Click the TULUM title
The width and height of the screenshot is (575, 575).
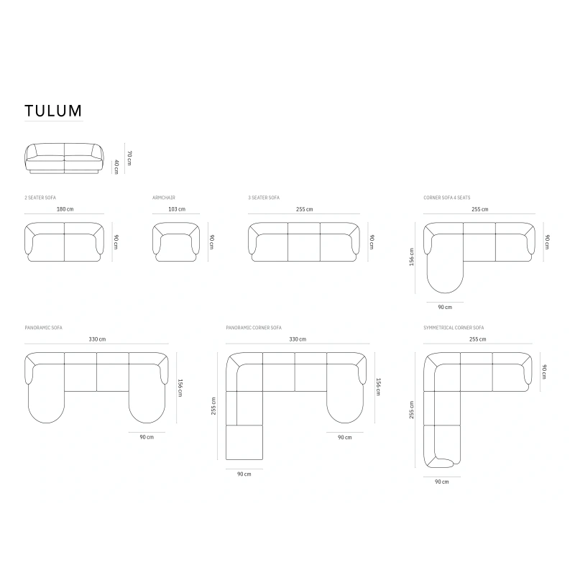pyautogui.click(x=53, y=111)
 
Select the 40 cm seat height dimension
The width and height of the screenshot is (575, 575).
pyautogui.click(x=116, y=166)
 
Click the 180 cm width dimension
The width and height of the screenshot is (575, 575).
pyautogui.click(x=65, y=209)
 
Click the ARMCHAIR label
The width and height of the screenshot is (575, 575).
pyautogui.click(x=164, y=197)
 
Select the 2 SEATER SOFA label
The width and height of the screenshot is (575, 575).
pyautogui.click(x=40, y=197)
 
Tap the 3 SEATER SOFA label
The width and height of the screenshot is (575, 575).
pyautogui.click(x=264, y=197)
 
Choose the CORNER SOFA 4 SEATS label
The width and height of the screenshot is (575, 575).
pyautogui.click(x=447, y=197)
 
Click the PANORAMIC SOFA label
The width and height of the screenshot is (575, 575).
pyautogui.click(x=43, y=327)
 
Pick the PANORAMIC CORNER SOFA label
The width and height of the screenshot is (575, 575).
pyautogui.click(x=254, y=327)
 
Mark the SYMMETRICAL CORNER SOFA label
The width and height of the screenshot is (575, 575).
pyautogui.click(x=454, y=327)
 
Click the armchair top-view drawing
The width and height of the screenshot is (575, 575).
pyautogui.click(x=176, y=241)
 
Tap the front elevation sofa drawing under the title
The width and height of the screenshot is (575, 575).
pyautogui.click(x=65, y=158)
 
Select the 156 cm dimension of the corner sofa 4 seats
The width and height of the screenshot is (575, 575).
pyautogui.click(x=412, y=258)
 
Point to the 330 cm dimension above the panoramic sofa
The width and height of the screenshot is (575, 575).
pyautogui.click(x=97, y=339)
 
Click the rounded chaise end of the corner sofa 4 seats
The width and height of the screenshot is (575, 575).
pyautogui.click(x=444, y=277)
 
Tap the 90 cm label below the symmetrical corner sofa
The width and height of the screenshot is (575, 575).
pyautogui.click(x=442, y=482)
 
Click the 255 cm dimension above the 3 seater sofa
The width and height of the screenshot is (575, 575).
pyautogui.click(x=304, y=209)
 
